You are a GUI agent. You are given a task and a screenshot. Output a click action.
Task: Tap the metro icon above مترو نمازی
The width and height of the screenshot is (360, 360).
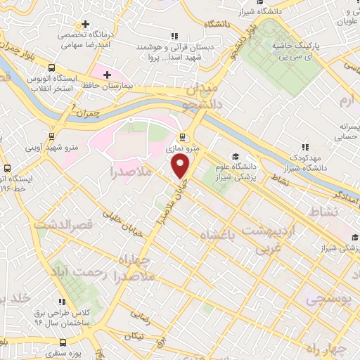(184, 137)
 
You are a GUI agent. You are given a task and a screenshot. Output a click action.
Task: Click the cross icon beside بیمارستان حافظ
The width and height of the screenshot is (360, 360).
(107, 74)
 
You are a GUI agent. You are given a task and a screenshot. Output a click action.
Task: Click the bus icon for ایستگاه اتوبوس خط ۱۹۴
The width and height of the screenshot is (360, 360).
(7, 168)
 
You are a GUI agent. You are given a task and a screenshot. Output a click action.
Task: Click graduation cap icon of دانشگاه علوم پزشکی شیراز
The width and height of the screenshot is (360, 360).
(235, 156)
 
